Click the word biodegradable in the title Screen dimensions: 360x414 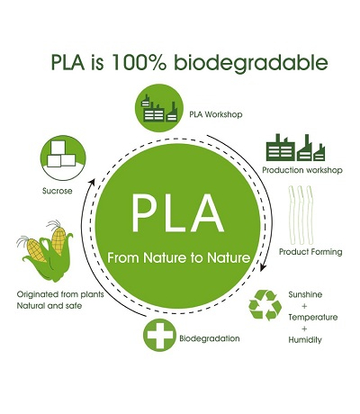tap(251, 64)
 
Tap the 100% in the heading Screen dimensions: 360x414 tap(139, 62)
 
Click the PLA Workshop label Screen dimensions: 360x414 tap(216, 114)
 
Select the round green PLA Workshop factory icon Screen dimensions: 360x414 tap(159, 108)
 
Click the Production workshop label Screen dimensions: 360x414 tap(302, 170)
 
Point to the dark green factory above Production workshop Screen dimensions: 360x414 tap(295, 148)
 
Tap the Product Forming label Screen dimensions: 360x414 tap(310, 251)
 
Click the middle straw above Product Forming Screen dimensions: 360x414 tap(301, 214)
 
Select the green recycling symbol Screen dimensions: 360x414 tap(265, 305)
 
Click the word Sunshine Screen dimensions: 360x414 tap(305, 294)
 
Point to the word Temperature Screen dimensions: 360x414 tap(313, 317)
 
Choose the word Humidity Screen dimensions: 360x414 tap(305, 340)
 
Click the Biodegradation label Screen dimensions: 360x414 tap(210, 338)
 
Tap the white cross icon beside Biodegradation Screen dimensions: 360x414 tap(159, 335)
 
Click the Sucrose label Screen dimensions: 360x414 tap(58, 191)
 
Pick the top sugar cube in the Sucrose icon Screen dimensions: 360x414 tap(58, 148)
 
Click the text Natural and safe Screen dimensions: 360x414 tap(49, 306)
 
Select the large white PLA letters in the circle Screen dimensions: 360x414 tap(177, 214)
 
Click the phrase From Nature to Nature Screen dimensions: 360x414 tap(178, 257)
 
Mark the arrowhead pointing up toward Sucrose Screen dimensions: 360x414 tap(93, 183)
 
